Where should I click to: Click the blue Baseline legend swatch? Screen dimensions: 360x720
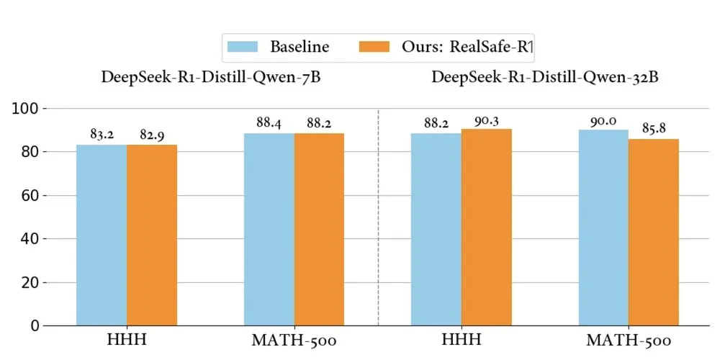coord(244,48)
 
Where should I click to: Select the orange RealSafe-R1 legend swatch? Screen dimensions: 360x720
coord(374,48)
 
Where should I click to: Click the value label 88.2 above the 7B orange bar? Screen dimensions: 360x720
coord(319,123)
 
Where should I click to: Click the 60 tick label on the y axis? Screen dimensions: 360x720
coord(28,195)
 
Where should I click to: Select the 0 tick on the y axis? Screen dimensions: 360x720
coord(32,325)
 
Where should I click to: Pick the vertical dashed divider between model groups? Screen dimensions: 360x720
coord(378,216)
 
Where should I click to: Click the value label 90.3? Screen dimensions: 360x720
coord(487,119)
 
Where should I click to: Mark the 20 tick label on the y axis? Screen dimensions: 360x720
coord(28,282)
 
